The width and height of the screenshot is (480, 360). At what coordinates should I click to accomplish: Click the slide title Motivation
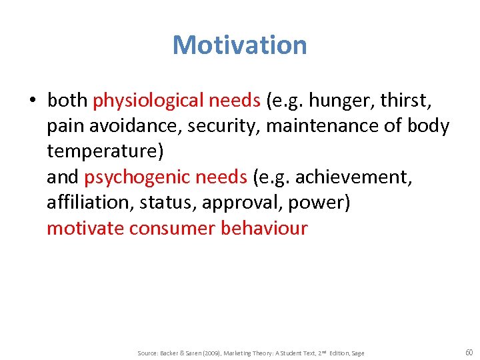[x=239, y=45]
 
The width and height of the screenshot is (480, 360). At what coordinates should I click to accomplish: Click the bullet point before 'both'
[x=32, y=101]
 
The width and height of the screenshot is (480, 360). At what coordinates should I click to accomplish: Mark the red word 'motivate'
[x=85, y=228]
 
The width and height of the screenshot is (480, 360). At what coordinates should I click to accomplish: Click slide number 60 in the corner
[x=468, y=351]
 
